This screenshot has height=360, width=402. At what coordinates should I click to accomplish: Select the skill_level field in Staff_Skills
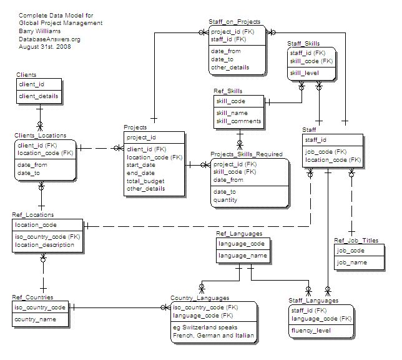(304, 73)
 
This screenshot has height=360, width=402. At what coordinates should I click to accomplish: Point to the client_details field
(39, 96)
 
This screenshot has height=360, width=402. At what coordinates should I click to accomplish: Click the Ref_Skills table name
(228, 91)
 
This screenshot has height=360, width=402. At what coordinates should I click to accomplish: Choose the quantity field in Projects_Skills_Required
(225, 200)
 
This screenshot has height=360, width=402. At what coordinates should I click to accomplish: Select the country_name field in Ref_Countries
(35, 319)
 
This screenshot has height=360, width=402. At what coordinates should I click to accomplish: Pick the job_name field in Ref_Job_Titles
(351, 262)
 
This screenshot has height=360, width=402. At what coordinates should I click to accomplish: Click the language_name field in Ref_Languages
(242, 255)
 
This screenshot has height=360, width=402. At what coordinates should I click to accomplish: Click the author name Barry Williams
(40, 31)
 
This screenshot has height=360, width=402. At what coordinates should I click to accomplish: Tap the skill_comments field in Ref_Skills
(239, 121)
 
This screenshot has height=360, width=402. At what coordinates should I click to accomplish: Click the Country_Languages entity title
(200, 298)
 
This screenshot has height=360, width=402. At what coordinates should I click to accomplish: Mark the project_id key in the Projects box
(141, 137)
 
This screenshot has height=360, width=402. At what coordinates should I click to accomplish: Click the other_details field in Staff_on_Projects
(230, 67)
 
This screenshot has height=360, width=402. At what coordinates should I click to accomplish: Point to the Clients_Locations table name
(41, 135)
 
